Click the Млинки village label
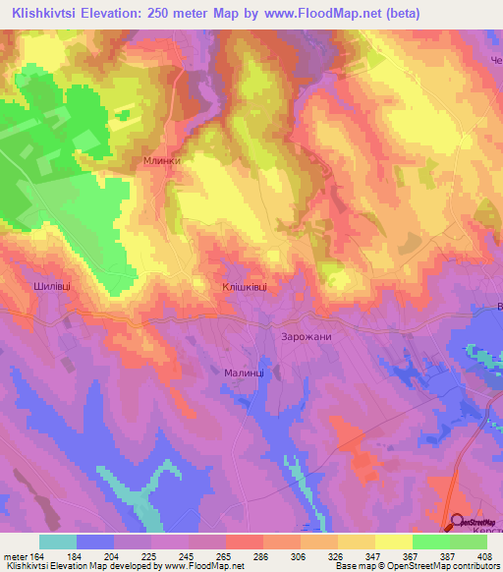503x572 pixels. (162, 159)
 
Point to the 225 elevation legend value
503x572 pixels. (151, 555)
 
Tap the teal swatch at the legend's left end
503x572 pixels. (58, 542)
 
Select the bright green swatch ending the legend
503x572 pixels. (468, 542)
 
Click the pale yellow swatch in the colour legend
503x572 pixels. (393, 542)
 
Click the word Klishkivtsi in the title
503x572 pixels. (45, 13)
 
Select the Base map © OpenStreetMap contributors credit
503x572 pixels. (418, 567)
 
